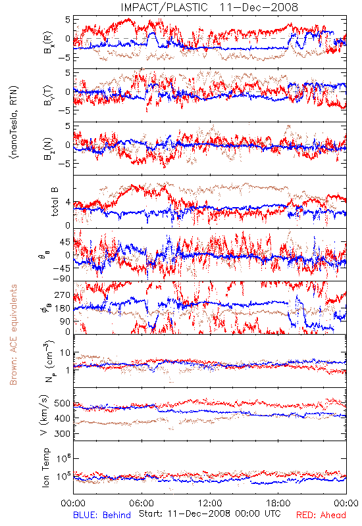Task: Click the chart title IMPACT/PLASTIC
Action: (164, 7)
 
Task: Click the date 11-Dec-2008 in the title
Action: (259, 7)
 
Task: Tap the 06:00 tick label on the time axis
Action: (142, 503)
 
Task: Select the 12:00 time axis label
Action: (210, 503)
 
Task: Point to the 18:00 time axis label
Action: (278, 503)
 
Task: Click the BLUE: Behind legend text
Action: (102, 515)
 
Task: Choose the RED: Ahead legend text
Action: (321, 515)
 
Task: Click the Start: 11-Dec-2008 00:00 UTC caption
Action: (209, 514)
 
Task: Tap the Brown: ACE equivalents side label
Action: (13, 335)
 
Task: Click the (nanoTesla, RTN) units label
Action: (14, 122)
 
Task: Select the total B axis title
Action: (54, 202)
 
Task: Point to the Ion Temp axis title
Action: (45, 467)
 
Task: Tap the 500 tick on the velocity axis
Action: (63, 403)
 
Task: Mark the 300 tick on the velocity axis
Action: (63, 433)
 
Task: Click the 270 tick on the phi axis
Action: (63, 295)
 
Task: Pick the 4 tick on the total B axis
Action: (68, 203)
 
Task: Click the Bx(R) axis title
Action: (47, 42)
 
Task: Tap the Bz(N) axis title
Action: (47, 149)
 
